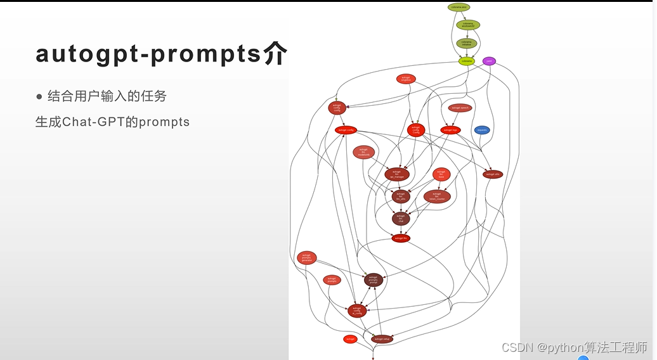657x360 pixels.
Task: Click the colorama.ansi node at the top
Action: pos(459,7)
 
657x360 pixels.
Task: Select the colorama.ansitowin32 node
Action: pos(468,25)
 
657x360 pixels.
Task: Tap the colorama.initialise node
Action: pos(467,43)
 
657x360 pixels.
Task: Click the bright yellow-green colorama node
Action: pos(467,61)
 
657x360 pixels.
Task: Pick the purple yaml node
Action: pos(489,61)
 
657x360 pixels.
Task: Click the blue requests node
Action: pos(482,130)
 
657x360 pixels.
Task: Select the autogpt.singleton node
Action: pos(406,79)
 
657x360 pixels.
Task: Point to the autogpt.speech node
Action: pos(460,108)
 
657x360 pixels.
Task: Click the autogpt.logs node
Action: pos(450,130)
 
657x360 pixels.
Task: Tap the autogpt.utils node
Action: pos(493,174)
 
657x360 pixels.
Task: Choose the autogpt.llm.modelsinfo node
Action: pos(364,152)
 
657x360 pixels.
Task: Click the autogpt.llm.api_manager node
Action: pos(397,174)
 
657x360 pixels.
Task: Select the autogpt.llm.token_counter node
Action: pos(437,196)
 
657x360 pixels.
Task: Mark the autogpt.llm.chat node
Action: pos(400,219)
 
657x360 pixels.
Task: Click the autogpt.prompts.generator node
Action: pos(306,258)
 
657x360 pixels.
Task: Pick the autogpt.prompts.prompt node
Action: pos(374,280)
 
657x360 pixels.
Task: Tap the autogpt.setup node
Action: pos(382,339)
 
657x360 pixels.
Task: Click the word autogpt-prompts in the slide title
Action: pos(148,55)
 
